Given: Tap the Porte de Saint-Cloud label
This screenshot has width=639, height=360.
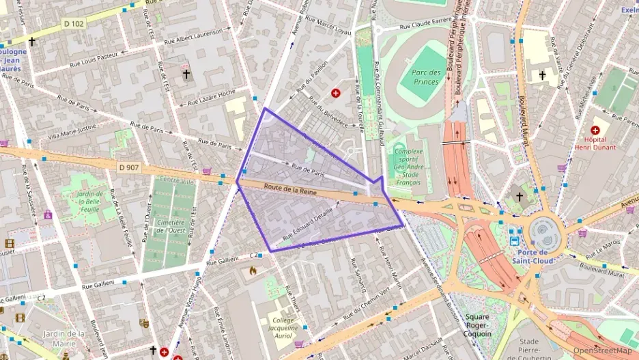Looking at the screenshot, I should (535, 255).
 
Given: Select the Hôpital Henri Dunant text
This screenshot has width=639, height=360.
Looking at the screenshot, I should (595, 143).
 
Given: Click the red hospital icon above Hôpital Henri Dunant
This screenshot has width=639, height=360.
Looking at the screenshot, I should (595, 130).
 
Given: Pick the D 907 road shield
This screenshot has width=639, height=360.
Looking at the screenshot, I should (128, 166).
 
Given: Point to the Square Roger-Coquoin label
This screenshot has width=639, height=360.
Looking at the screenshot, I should (478, 325).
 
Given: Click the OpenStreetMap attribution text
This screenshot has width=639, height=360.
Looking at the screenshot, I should (602, 350).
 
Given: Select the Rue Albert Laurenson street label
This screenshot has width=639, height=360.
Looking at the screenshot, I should (193, 36).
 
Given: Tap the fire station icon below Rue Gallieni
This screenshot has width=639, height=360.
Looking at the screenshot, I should (253, 271).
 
